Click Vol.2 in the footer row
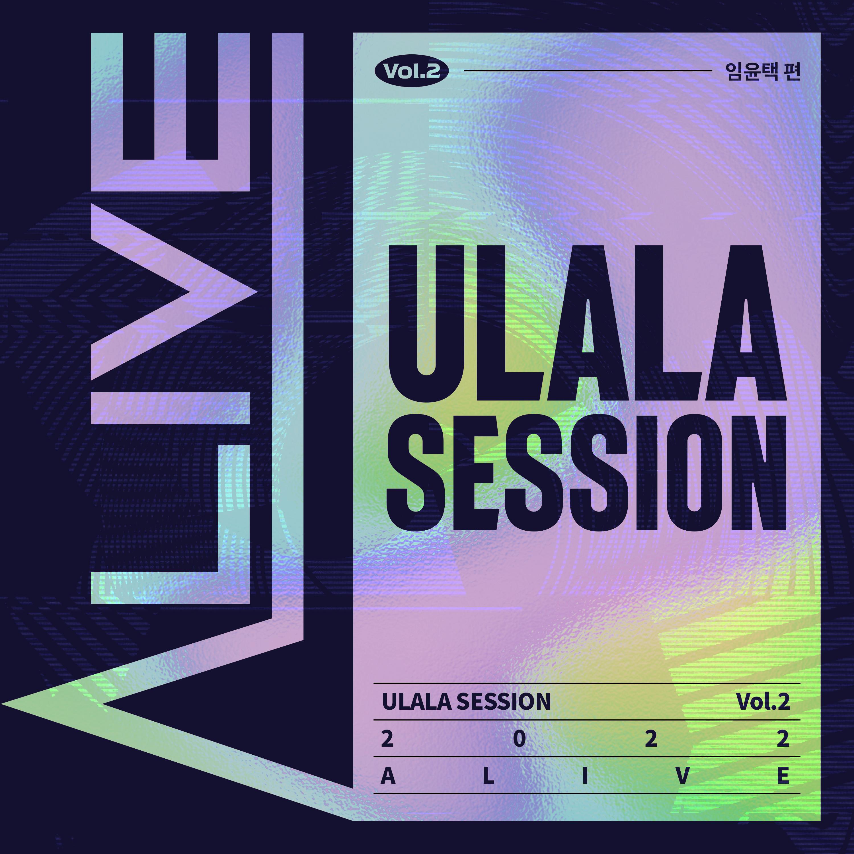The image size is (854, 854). (763, 701)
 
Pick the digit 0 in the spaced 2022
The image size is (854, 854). (520, 739)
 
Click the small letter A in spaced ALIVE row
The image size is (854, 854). (388, 776)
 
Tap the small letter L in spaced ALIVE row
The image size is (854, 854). (488, 776)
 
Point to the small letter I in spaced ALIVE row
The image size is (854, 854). (585, 776)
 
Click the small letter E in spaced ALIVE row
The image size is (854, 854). (783, 776)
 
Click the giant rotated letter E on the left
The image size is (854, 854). (106, 112)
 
